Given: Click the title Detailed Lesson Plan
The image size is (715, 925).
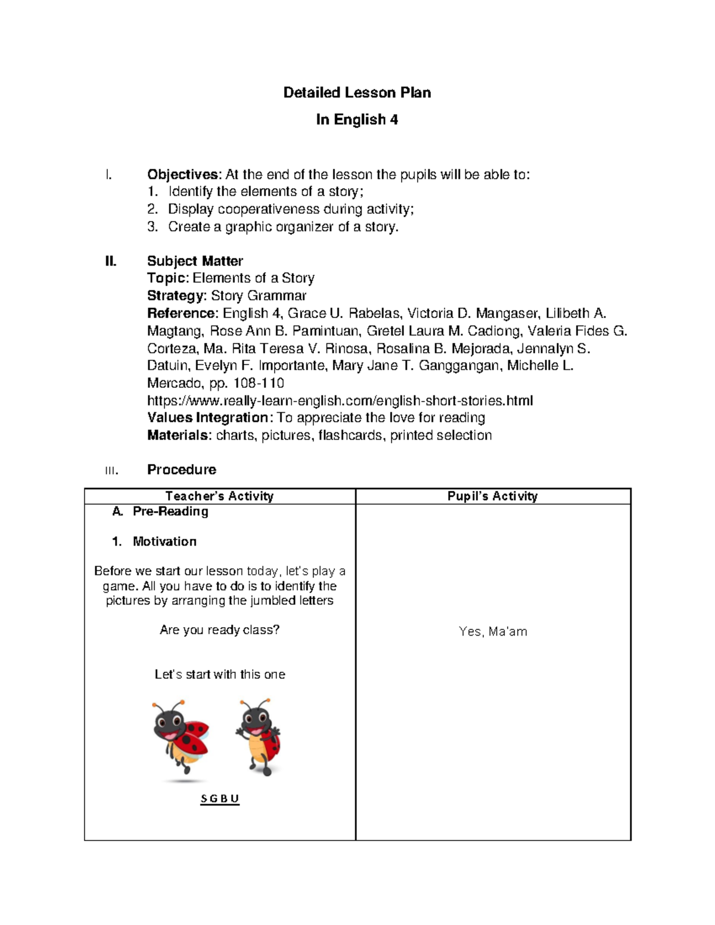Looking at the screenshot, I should [357, 92].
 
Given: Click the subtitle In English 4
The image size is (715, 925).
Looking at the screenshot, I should [357, 120].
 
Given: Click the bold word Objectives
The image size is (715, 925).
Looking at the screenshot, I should [184, 175].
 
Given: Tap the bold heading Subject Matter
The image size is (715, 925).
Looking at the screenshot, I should [195, 261].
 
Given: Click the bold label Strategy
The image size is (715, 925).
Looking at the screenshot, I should [176, 295].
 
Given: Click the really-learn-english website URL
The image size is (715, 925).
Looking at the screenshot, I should [340, 400].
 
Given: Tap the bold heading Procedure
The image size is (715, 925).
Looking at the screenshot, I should [181, 469].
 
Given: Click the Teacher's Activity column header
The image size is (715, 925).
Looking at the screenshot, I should [219, 496].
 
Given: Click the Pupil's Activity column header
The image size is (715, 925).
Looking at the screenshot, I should [492, 496].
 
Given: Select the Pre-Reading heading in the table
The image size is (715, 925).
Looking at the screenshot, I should [170, 512].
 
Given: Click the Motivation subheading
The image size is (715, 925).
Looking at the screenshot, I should [164, 541].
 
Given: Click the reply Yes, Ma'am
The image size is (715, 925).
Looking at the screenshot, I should [493, 631].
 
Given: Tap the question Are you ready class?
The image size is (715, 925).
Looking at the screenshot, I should [219, 630].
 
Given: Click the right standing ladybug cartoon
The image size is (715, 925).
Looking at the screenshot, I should [259, 737].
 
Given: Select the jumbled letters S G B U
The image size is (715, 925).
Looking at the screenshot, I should [219, 799].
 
